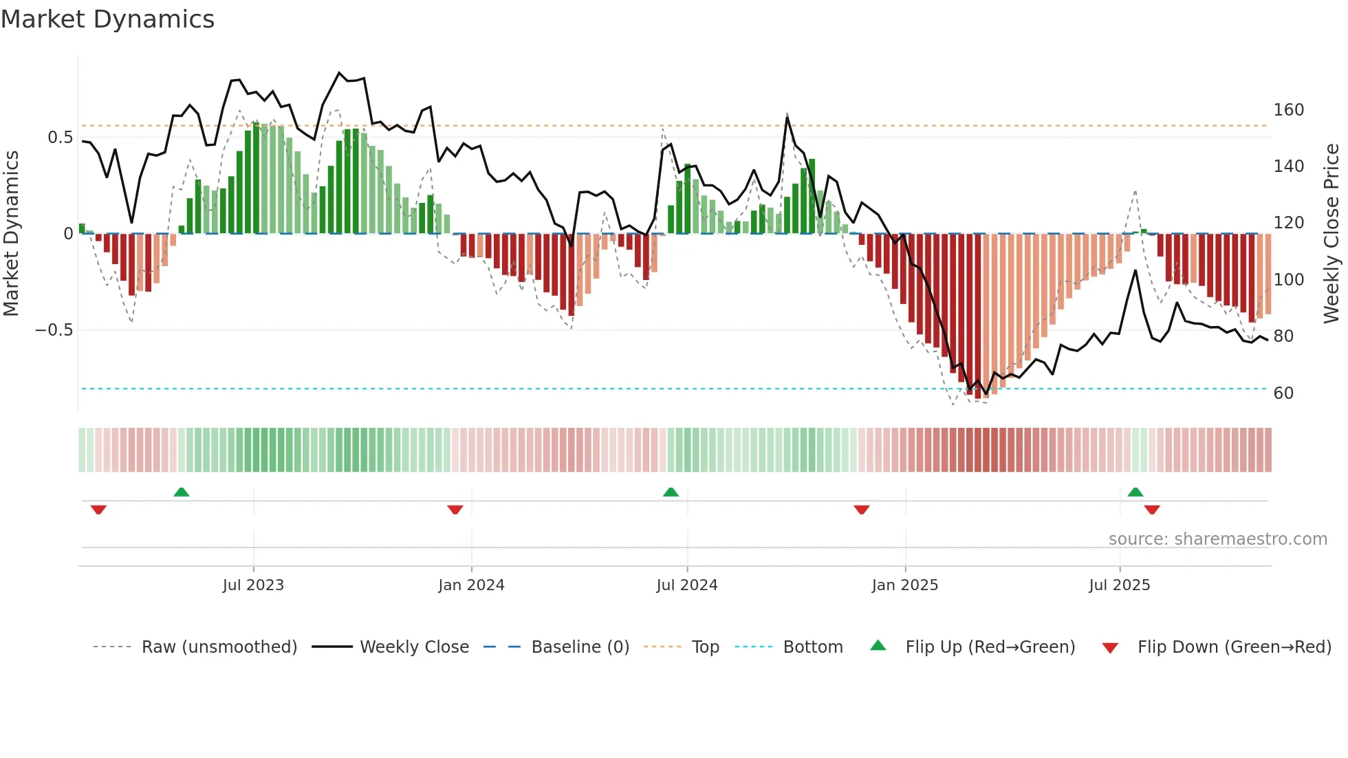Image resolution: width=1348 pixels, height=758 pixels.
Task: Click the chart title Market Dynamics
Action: pos(107,19)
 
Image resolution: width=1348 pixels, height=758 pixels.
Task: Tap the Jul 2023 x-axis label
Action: pos(253,585)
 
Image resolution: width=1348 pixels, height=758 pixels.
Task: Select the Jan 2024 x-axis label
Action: pos(471,585)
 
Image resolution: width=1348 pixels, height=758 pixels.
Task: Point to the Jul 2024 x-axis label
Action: pos(687,585)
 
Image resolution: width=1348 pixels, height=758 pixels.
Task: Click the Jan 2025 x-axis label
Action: pos(904,585)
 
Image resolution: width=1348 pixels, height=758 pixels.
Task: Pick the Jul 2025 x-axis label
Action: pos(1119,585)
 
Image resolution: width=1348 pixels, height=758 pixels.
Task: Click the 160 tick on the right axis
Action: pos(1288,110)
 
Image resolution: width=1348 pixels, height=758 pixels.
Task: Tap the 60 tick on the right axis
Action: pos(1283,393)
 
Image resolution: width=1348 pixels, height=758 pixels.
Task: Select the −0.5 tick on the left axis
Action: pos(54,330)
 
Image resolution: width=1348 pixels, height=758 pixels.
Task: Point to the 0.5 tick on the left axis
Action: pos(60,138)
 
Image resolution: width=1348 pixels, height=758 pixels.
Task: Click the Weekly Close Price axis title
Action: pos(1331,234)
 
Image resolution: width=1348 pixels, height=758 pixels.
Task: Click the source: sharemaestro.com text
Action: pos(1217,539)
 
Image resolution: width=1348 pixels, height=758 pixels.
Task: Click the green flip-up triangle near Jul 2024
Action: pos(671,492)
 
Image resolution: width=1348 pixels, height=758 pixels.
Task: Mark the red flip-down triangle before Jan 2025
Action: pos(862,510)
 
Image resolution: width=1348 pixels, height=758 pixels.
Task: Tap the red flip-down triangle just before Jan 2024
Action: pos(455,510)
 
